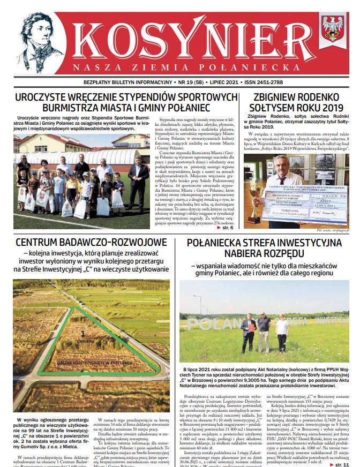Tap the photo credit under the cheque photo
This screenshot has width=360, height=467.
[x=332, y=230]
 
